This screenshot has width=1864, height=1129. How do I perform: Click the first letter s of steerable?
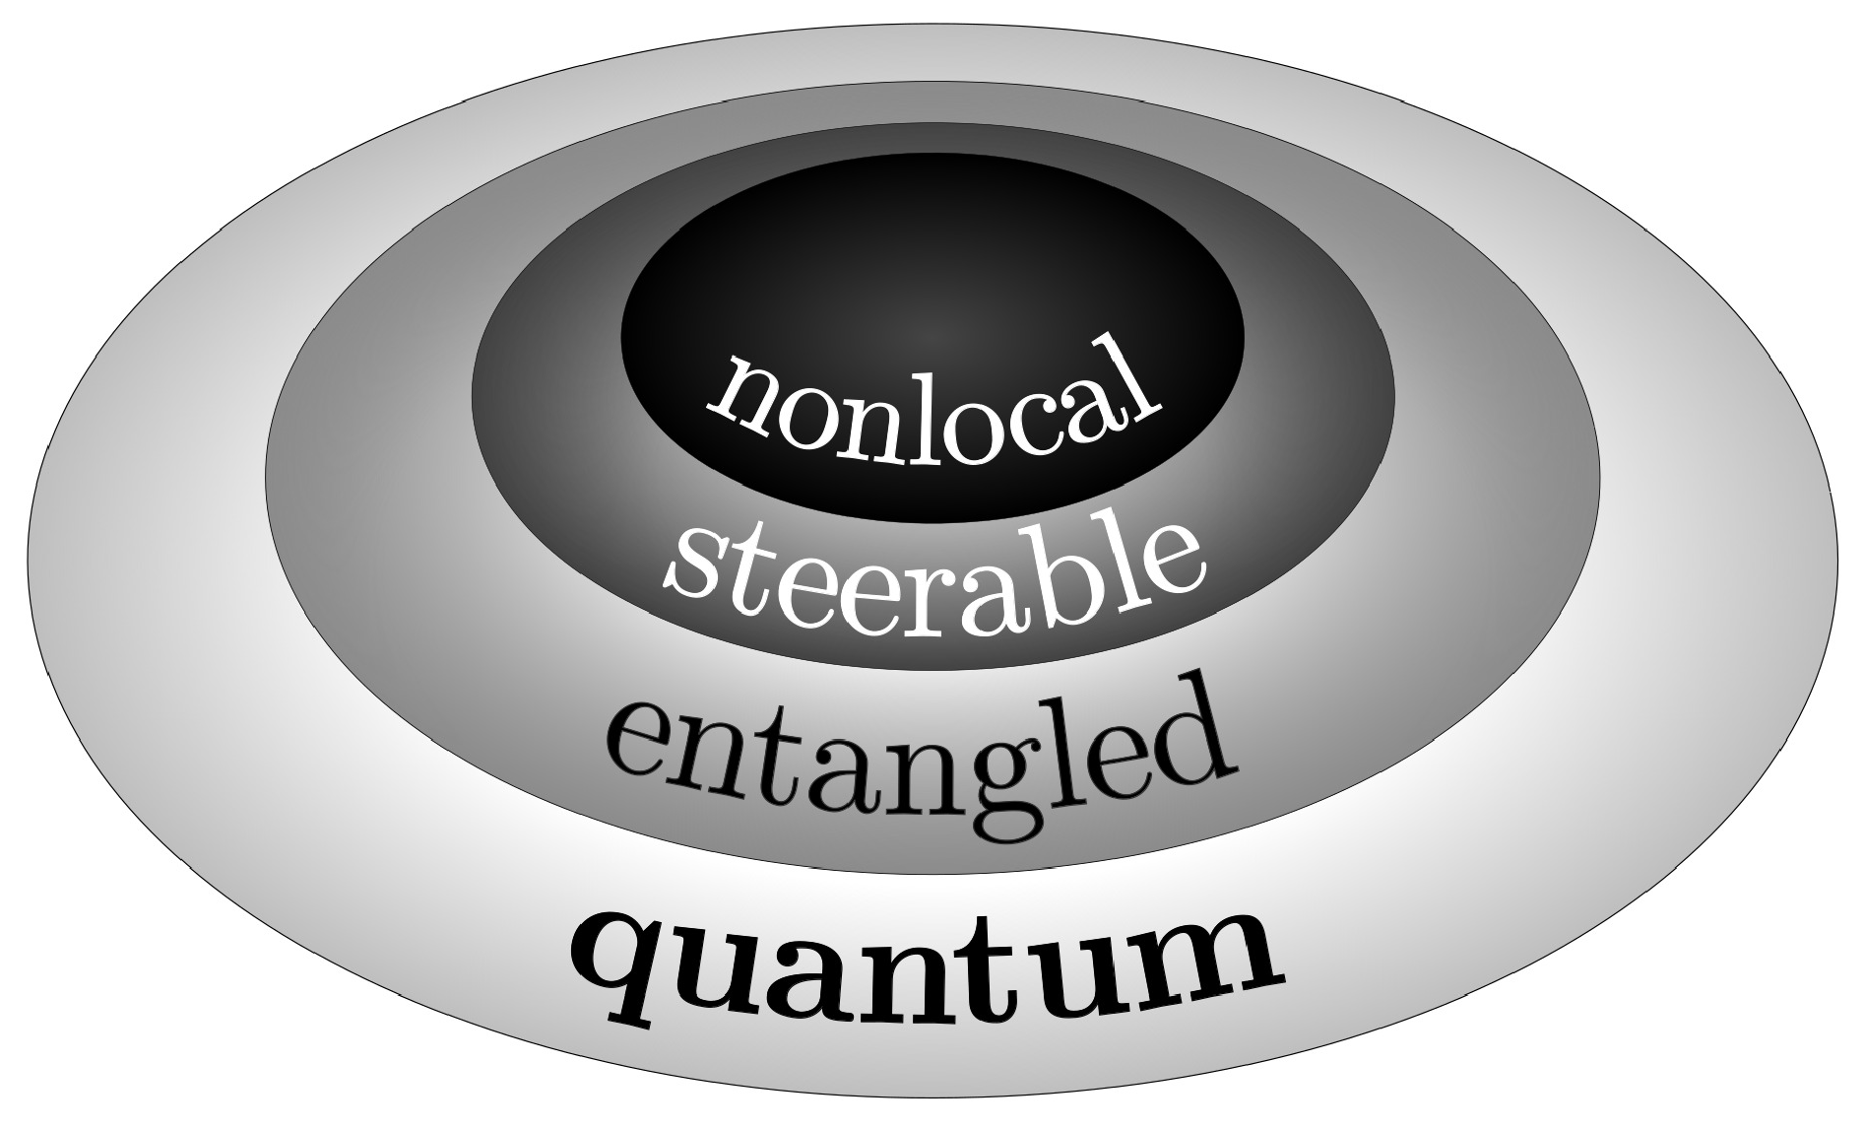[693, 566]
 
